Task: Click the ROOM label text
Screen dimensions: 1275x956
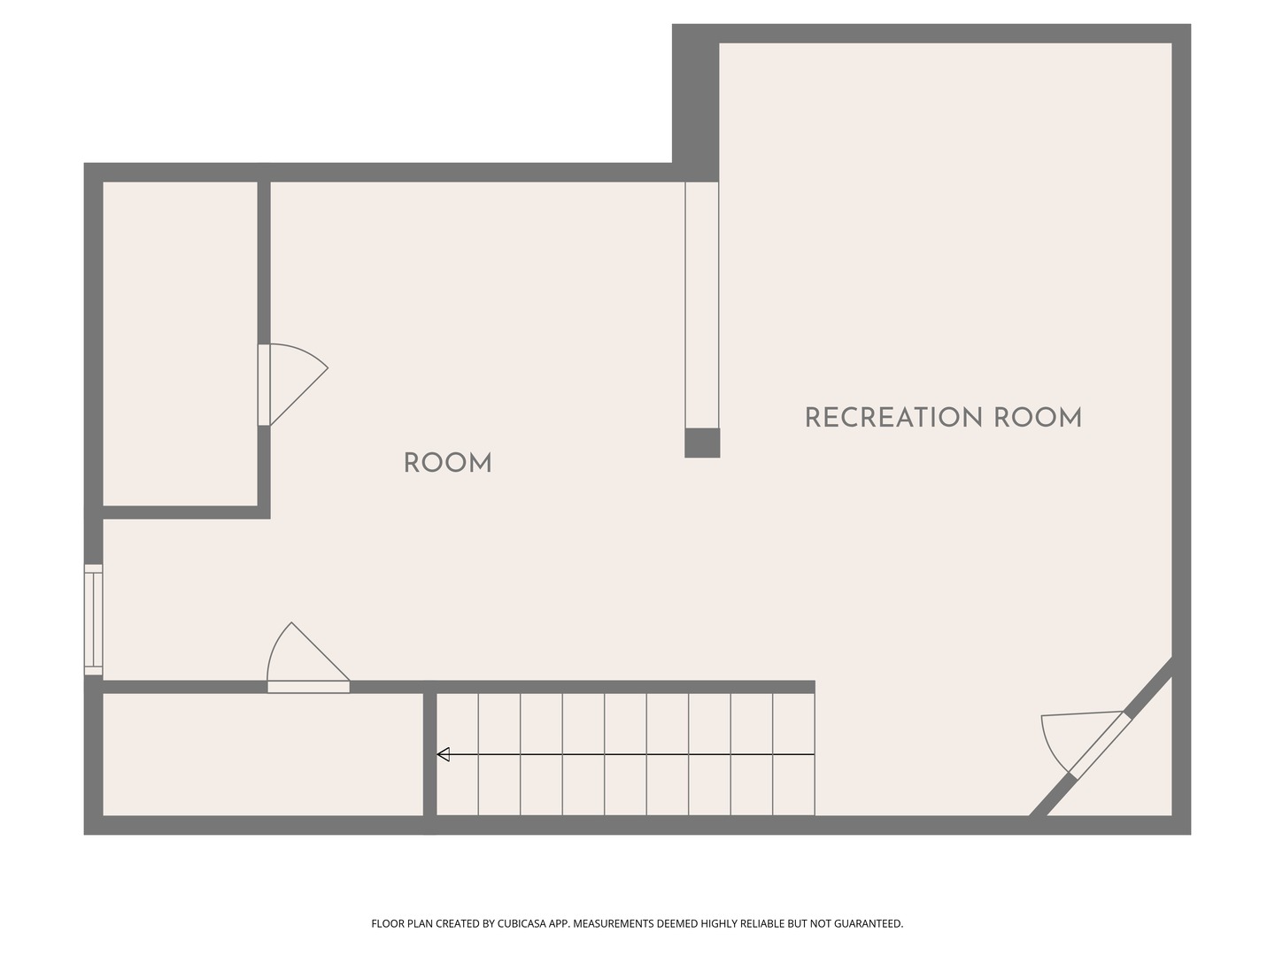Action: pos(447,463)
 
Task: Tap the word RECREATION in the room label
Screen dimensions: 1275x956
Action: pos(893,418)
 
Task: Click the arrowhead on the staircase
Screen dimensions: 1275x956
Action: pos(444,754)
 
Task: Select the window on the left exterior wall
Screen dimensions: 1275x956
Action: pos(94,620)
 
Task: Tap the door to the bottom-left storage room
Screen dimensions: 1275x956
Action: pos(308,658)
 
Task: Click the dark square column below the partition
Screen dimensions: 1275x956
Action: pos(702,443)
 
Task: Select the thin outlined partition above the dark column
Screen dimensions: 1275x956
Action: pos(702,305)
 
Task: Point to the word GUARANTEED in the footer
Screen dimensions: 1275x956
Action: pos(869,923)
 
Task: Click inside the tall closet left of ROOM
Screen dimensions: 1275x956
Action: pos(180,343)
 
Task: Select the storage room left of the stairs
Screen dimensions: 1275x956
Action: pos(263,754)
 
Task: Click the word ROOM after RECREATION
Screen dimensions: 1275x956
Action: pos(1038,418)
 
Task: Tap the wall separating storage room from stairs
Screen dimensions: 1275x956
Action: pos(429,754)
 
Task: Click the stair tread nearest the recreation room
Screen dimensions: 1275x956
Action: pos(794,754)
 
